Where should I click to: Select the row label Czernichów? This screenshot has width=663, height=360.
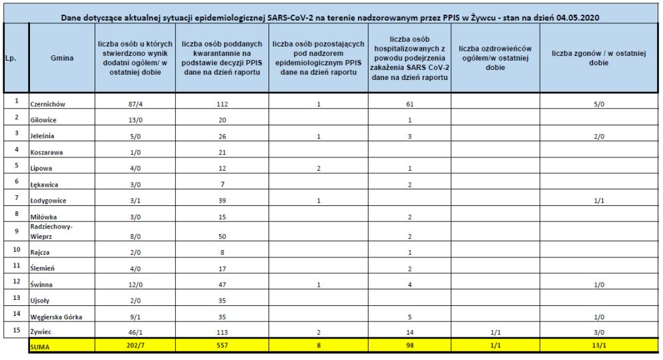click(49, 105)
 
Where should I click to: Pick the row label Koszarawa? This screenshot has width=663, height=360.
click(47, 153)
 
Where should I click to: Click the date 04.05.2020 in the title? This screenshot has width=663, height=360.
click(572, 17)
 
